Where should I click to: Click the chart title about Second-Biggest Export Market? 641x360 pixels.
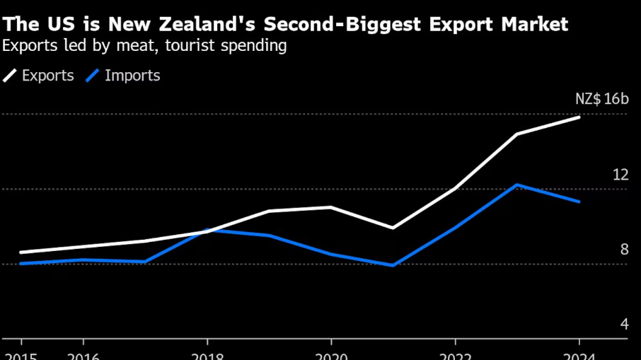point(285,25)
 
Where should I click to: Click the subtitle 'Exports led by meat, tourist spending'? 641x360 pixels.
point(144,47)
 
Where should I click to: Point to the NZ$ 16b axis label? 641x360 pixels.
point(601,99)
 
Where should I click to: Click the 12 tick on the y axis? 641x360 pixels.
point(620,174)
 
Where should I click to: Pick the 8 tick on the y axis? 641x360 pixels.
point(624,249)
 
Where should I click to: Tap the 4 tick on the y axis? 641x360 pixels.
point(624,324)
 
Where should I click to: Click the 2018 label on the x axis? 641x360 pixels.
point(207,356)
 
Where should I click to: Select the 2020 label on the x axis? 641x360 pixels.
point(331,356)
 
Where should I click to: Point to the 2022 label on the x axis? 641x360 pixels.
point(456,356)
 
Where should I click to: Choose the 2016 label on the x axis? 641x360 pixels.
point(83,356)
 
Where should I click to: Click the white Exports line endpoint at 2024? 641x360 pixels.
point(579,117)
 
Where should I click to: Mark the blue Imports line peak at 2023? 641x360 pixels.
point(518,185)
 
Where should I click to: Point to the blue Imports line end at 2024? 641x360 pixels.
point(579,202)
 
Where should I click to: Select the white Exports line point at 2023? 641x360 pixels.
point(518,134)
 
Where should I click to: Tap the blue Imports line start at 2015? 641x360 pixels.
point(21,263)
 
